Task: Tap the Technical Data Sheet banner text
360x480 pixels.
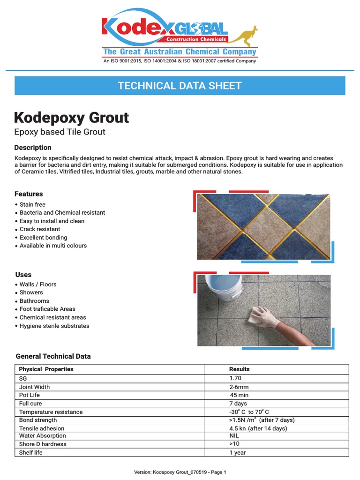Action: [180, 86]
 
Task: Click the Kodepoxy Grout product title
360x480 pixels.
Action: [71, 117]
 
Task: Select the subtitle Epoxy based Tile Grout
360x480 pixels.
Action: [60, 132]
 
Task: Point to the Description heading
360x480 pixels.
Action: [33, 148]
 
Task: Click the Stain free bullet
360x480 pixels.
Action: [32, 204]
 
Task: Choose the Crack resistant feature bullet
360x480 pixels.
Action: [40, 229]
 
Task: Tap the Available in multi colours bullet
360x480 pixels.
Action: [53, 246]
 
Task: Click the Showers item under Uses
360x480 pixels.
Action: [31, 292]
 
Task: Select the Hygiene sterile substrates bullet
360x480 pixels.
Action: [54, 326]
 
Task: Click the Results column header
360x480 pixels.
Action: [239, 369]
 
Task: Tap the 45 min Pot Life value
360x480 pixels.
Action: [239, 395]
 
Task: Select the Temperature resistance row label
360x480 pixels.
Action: [51, 412]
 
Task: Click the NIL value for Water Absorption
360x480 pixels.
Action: [234, 436]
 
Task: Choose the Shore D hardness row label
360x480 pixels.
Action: [43, 444]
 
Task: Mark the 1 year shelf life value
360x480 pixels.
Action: [237, 453]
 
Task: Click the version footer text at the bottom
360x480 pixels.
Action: [180, 472]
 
